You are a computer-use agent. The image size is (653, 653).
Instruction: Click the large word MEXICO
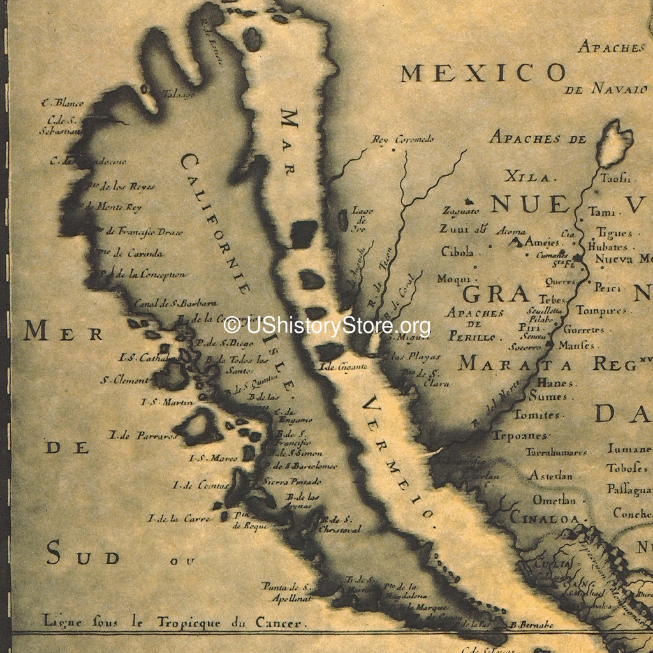click(483, 73)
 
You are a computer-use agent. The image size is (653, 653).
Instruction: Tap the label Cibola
click(457, 252)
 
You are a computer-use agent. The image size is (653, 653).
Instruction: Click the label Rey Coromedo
click(403, 139)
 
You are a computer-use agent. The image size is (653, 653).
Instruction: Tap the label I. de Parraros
click(134, 436)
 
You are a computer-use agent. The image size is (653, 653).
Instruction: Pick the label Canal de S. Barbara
click(175, 304)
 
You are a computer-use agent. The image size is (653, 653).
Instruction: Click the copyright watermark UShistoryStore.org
click(327, 326)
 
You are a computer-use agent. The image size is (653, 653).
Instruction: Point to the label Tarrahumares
click(556, 452)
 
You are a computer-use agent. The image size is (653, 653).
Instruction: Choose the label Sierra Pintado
click(293, 481)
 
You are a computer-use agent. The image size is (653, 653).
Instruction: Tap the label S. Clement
click(124, 380)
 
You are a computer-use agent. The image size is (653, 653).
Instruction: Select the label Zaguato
click(460, 210)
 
